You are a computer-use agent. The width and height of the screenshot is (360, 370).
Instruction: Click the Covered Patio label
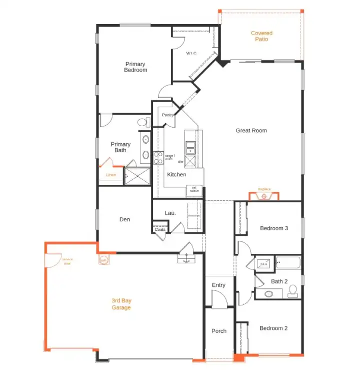point(261,36)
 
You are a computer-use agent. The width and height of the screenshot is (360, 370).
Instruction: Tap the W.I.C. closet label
point(192,53)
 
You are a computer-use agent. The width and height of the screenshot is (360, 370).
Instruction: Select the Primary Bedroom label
point(135,67)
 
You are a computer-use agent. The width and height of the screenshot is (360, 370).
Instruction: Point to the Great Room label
point(251,131)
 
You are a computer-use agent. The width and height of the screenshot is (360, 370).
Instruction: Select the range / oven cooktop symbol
point(158,158)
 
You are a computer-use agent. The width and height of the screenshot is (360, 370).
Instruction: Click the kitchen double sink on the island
point(190,148)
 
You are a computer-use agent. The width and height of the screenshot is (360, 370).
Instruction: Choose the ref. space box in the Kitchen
point(194,190)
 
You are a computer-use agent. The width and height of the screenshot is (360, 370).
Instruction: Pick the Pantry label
point(167,115)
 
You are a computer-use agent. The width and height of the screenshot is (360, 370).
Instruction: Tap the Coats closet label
point(160,230)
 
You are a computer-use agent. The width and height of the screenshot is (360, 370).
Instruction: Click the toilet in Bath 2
point(292,290)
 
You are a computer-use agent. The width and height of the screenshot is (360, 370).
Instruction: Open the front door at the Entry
point(218,299)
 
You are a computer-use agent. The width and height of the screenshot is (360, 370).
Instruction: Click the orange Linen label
point(111,175)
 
